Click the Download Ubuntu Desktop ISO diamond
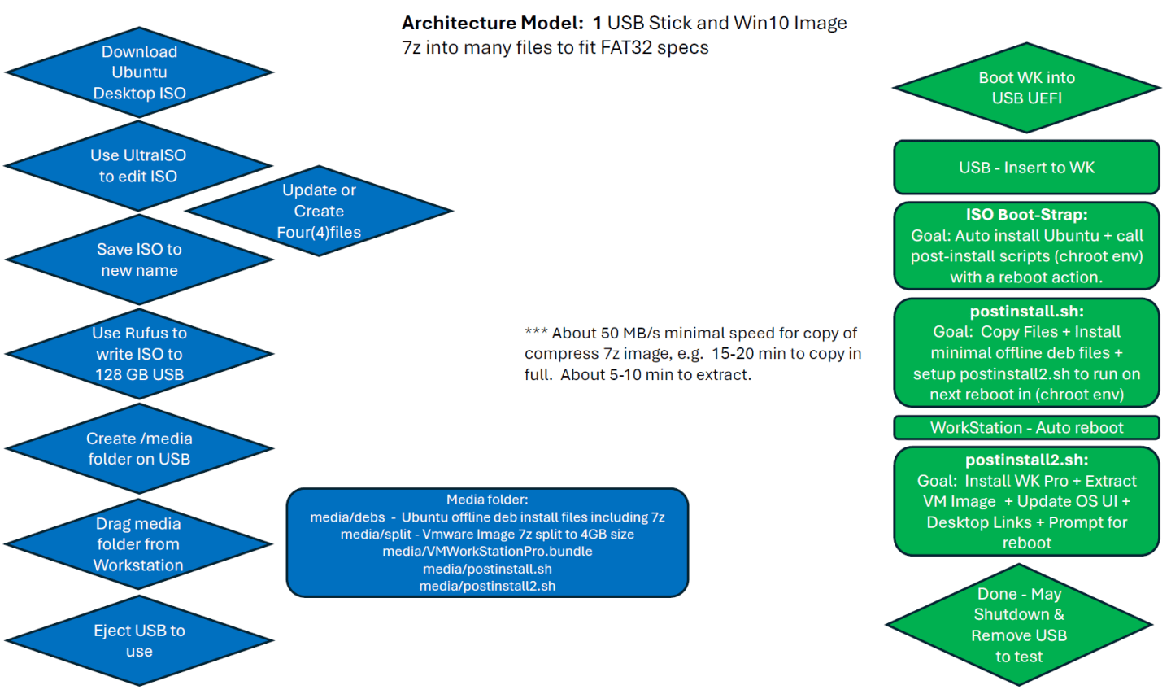point(139,72)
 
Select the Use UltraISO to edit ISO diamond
point(138,166)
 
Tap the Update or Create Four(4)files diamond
point(319,211)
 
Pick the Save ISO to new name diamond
point(139,260)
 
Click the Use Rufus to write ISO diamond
point(139,354)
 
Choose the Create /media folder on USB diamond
point(139,448)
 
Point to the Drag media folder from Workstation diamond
point(138,544)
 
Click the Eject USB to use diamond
point(139,640)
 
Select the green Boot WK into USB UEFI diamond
point(1027,88)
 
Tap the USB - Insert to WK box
point(1027,168)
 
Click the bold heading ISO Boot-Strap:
point(1027,215)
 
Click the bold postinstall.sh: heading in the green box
point(1027,311)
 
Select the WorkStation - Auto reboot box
point(1027,428)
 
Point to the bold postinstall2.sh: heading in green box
point(1027,460)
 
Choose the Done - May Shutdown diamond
point(1019,625)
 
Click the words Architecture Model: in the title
point(493,23)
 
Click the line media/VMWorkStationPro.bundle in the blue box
point(487,552)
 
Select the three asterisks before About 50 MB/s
point(536,332)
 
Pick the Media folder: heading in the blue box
point(487,500)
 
